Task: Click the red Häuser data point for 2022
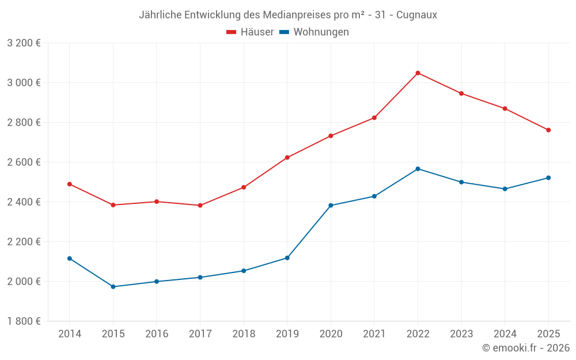[418, 73]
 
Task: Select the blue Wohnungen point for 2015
[113, 287]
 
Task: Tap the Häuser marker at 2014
[70, 184]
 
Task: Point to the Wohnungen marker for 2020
[331, 206]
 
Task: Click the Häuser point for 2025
[548, 130]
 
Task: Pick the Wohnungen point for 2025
[548, 178]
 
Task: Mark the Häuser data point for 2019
[287, 158]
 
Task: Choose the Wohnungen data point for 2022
[418, 169]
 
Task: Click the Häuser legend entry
[250, 32]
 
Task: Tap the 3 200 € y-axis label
[24, 43]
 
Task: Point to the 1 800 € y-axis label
[24, 321]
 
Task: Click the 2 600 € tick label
[24, 162]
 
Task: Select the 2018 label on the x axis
[244, 334]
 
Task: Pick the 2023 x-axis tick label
[461, 334]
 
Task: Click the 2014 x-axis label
[70, 334]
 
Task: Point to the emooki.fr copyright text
[526, 348]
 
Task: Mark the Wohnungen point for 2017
[200, 278]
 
